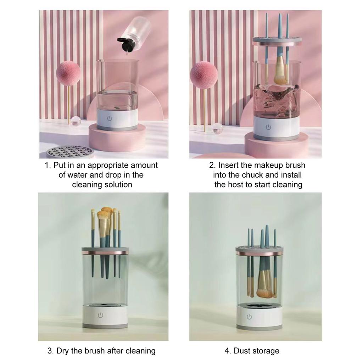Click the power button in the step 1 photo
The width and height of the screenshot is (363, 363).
[110, 119]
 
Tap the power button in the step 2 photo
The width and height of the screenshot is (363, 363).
[268, 127]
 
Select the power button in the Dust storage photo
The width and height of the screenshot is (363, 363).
[249, 317]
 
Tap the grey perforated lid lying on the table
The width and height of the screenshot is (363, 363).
[70, 152]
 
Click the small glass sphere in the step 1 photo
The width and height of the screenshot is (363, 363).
[76, 121]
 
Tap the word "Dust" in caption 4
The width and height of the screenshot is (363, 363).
[242, 351]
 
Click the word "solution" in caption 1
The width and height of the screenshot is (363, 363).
[118, 185]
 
